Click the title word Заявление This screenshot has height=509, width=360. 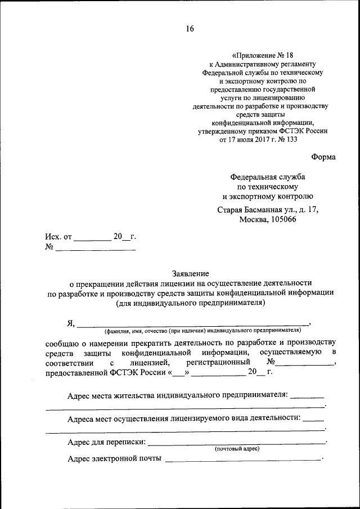191,272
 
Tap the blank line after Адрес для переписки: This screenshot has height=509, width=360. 236,442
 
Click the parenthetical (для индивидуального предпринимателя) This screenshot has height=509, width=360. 191,303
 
